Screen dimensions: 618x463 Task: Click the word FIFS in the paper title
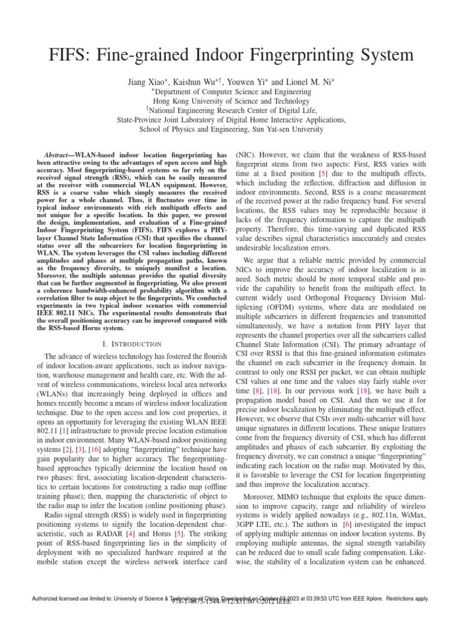tap(67, 56)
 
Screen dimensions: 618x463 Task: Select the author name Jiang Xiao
tap(148, 82)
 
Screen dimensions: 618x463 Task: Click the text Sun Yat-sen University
tap(282, 129)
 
